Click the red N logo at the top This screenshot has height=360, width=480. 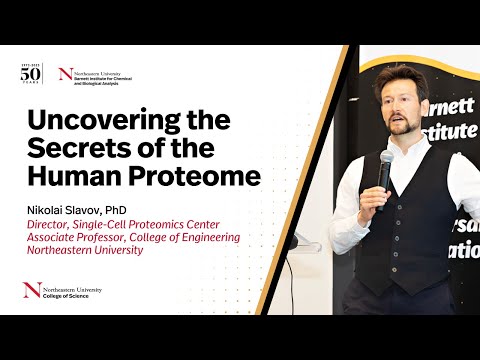[66, 74]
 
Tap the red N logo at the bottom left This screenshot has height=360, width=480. [31, 292]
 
